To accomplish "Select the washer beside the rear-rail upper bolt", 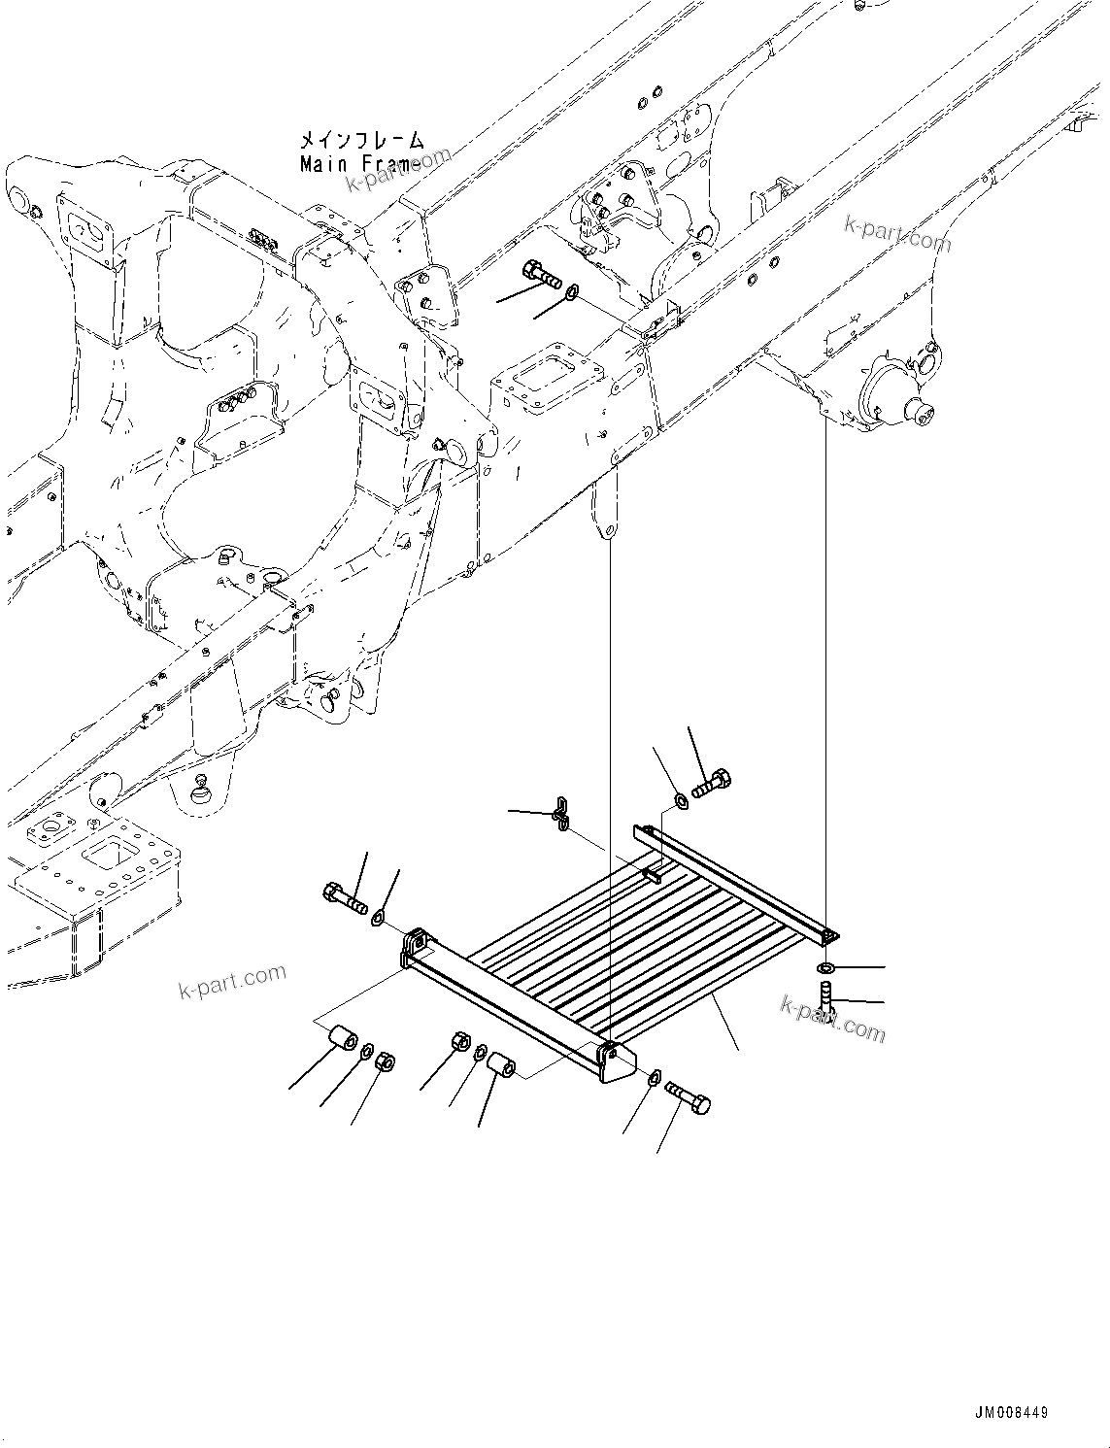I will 681,800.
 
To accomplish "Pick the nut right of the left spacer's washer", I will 385,1061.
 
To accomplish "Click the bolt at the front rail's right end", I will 689,1097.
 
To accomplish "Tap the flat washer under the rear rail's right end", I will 825,968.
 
